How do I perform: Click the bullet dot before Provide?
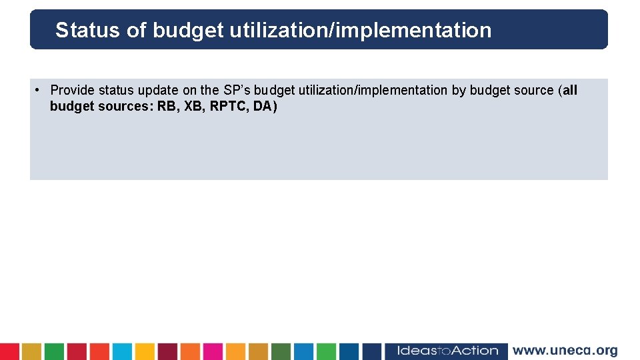pyautogui.click(x=39, y=90)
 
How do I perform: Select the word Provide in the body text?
pyautogui.click(x=73, y=90)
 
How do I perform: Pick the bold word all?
pyautogui.click(x=570, y=90)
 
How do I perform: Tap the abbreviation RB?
pyautogui.click(x=167, y=106)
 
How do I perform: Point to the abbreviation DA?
pyautogui.click(x=263, y=106)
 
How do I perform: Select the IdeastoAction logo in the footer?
pyautogui.click(x=447, y=351)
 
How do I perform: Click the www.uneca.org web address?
pyautogui.click(x=565, y=351)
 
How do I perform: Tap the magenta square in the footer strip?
pyautogui.click(x=213, y=351)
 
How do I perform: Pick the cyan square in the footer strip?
pyautogui.click(x=122, y=351)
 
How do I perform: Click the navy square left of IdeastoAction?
pyautogui.click(x=372, y=351)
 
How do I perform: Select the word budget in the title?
pyautogui.click(x=189, y=30)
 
